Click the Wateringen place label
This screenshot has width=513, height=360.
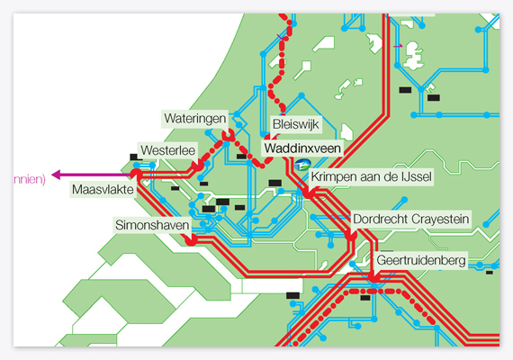[x=195, y=119]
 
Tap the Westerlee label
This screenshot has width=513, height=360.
[x=167, y=150]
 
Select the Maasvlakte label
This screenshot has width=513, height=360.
[x=103, y=190]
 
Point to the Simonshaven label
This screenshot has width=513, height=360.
[x=152, y=225]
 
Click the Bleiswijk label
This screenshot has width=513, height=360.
[x=296, y=124]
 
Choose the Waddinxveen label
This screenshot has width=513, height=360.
[x=302, y=148]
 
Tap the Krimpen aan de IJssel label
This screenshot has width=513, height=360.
[x=372, y=176]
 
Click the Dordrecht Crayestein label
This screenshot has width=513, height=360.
[x=411, y=219]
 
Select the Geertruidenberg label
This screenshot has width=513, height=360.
[x=421, y=260]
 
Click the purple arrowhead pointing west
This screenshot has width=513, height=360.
[x=57, y=175]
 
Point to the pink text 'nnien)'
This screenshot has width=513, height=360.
[x=30, y=179]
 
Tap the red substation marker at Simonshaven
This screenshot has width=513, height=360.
[x=191, y=240]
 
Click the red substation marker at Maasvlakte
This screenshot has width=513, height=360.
[x=136, y=174]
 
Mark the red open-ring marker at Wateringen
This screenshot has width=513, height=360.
[x=228, y=135]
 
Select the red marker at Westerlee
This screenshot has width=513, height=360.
[x=198, y=166]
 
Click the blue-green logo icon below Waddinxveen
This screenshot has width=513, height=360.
[x=302, y=165]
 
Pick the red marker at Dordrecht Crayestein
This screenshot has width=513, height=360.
[x=350, y=235]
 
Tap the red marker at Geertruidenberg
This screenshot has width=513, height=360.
[x=373, y=278]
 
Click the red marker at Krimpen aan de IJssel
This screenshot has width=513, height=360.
[x=308, y=193]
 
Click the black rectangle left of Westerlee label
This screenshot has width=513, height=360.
[x=134, y=157]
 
